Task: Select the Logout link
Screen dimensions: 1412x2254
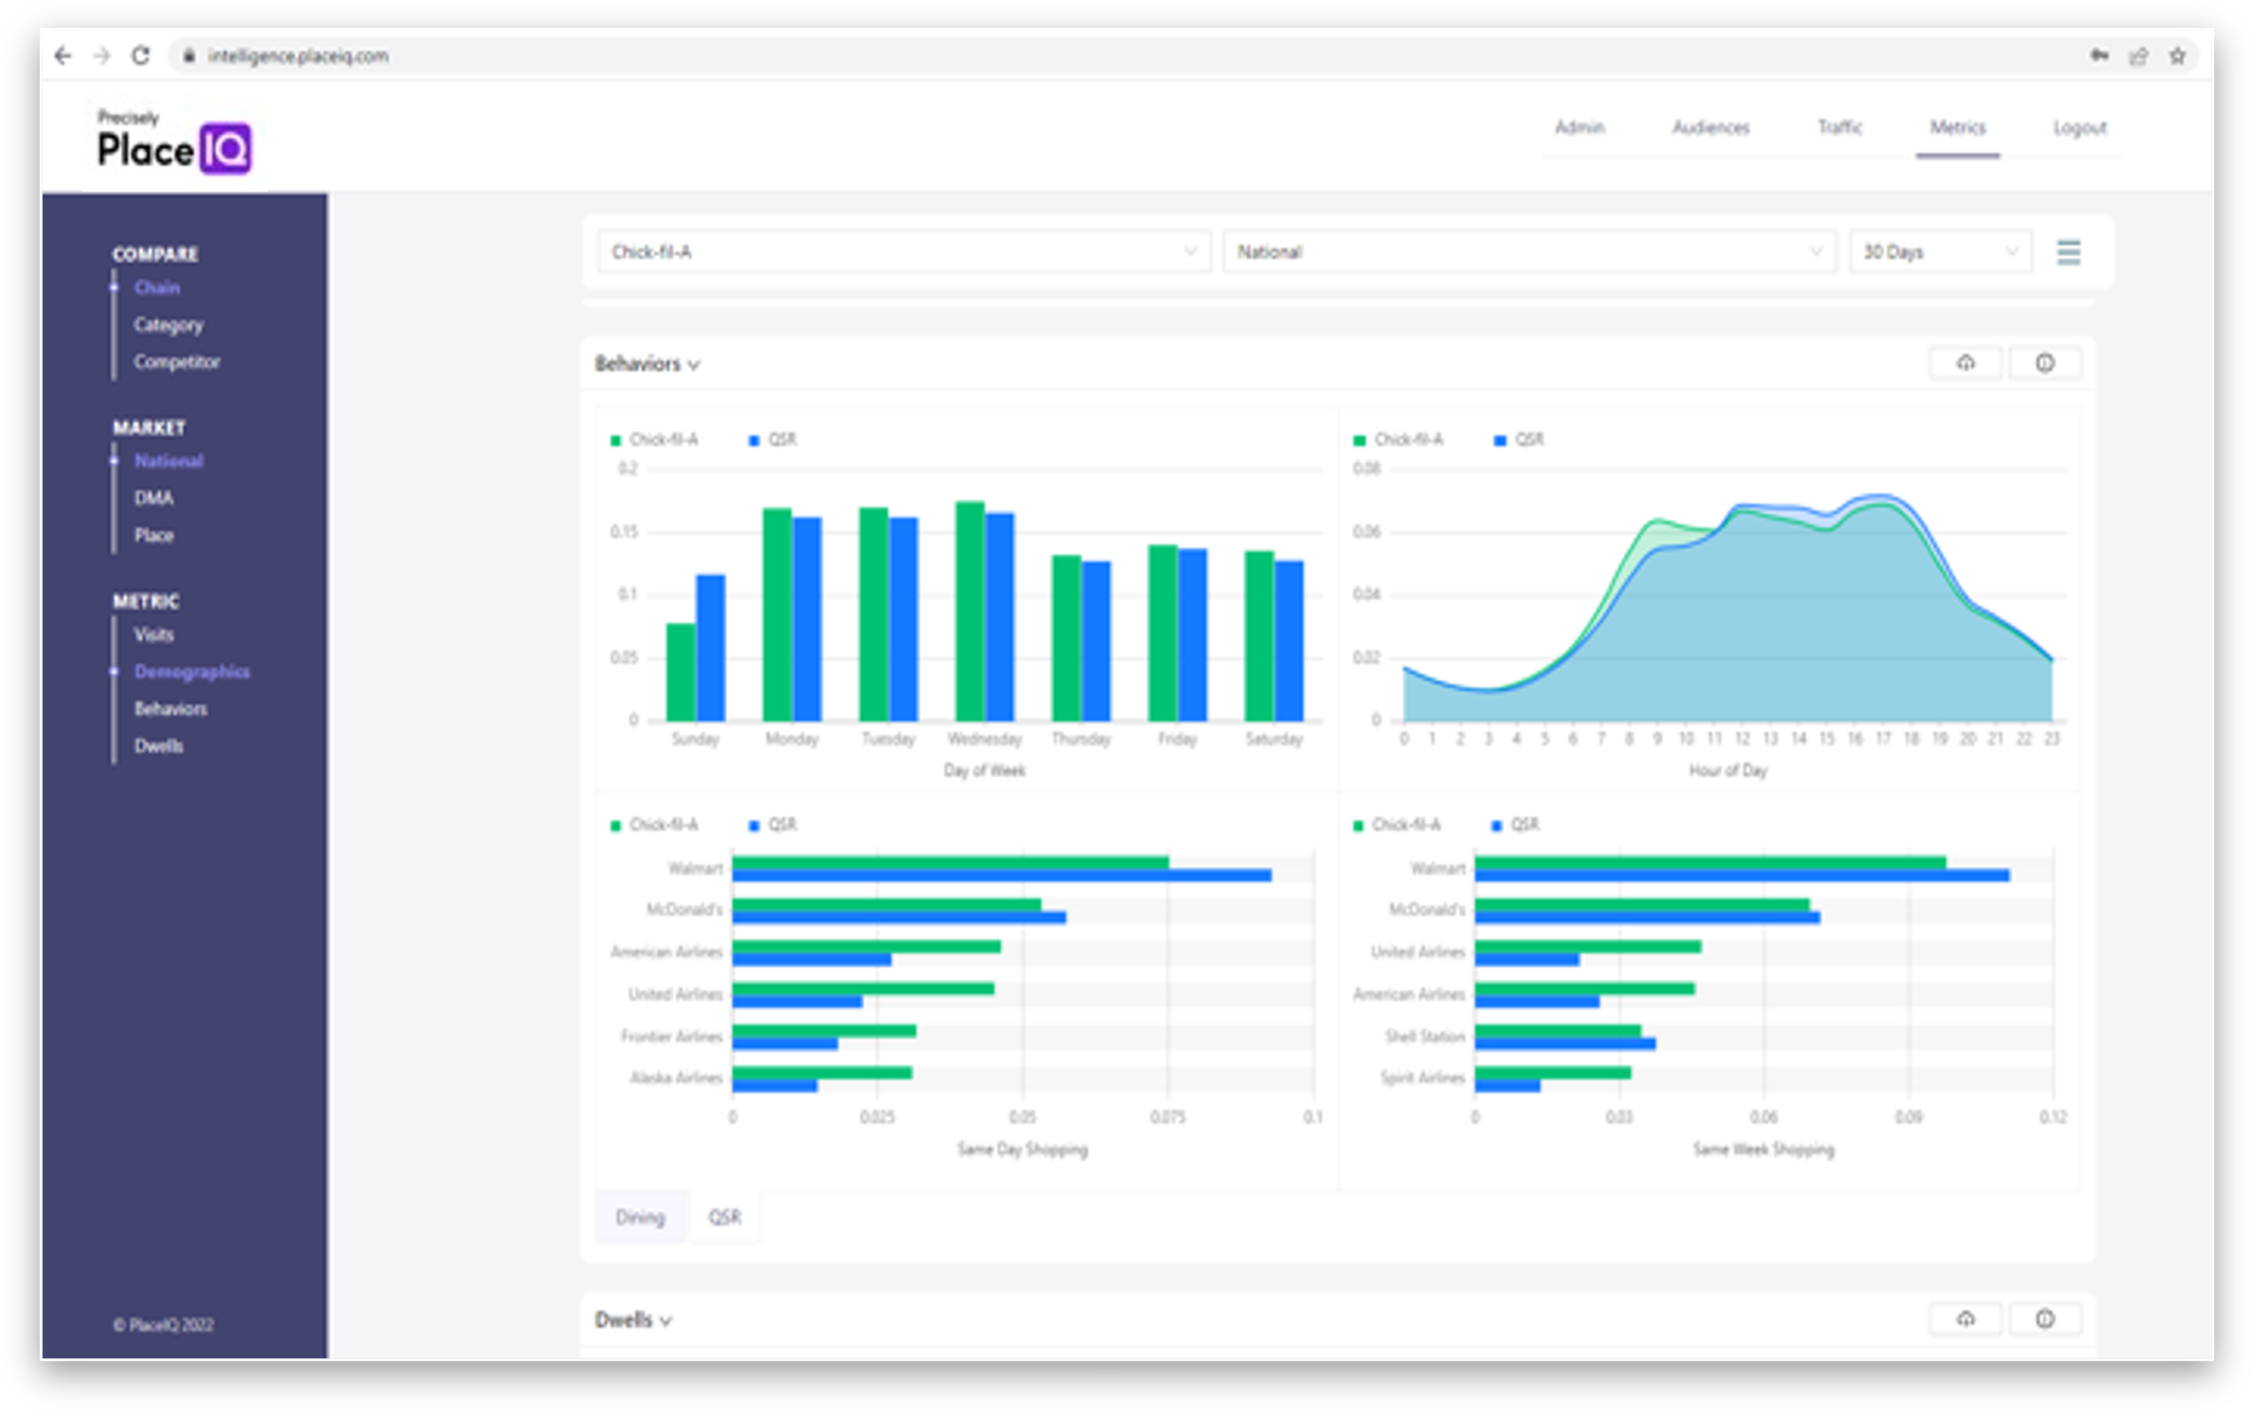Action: [2080, 128]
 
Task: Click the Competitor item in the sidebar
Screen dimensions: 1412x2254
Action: [176, 362]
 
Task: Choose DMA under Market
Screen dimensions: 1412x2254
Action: [154, 498]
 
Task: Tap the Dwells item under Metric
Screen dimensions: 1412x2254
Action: [158, 746]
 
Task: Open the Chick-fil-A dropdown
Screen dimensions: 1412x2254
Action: [903, 252]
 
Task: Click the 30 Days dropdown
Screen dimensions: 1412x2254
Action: [1939, 252]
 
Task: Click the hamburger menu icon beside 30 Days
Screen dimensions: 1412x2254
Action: [2068, 252]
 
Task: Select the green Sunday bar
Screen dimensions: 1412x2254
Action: [681, 672]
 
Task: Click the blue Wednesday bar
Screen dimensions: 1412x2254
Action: [999, 616]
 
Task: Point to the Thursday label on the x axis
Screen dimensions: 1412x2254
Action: [1080, 739]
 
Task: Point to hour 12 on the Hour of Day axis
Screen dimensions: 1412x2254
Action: [1742, 739]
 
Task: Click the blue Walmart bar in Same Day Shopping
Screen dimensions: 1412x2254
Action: [1001, 876]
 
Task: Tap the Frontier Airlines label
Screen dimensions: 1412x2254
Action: [672, 1036]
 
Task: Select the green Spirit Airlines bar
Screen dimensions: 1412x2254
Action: [1552, 1073]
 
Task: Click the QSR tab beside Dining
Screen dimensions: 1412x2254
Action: [724, 1217]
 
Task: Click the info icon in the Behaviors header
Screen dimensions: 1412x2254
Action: [2044, 363]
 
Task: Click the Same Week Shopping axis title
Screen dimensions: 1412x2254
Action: [1763, 1149]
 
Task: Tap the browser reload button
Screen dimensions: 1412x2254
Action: [140, 56]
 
